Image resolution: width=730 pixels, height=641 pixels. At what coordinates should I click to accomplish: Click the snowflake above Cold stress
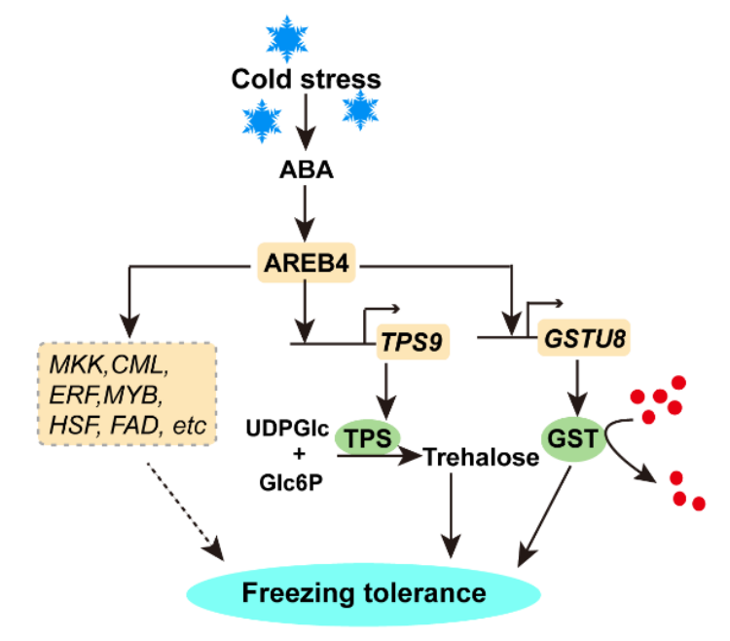pyautogui.click(x=287, y=36)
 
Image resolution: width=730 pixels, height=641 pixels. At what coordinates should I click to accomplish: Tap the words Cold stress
pyautogui.click(x=306, y=78)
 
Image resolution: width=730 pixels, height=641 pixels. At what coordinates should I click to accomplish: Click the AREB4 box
pyautogui.click(x=306, y=263)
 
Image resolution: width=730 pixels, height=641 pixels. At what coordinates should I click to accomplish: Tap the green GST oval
pyautogui.click(x=575, y=438)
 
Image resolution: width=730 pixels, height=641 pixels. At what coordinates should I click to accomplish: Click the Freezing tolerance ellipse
pyautogui.click(x=363, y=591)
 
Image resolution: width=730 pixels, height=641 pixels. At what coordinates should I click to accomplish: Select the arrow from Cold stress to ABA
pyautogui.click(x=306, y=124)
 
